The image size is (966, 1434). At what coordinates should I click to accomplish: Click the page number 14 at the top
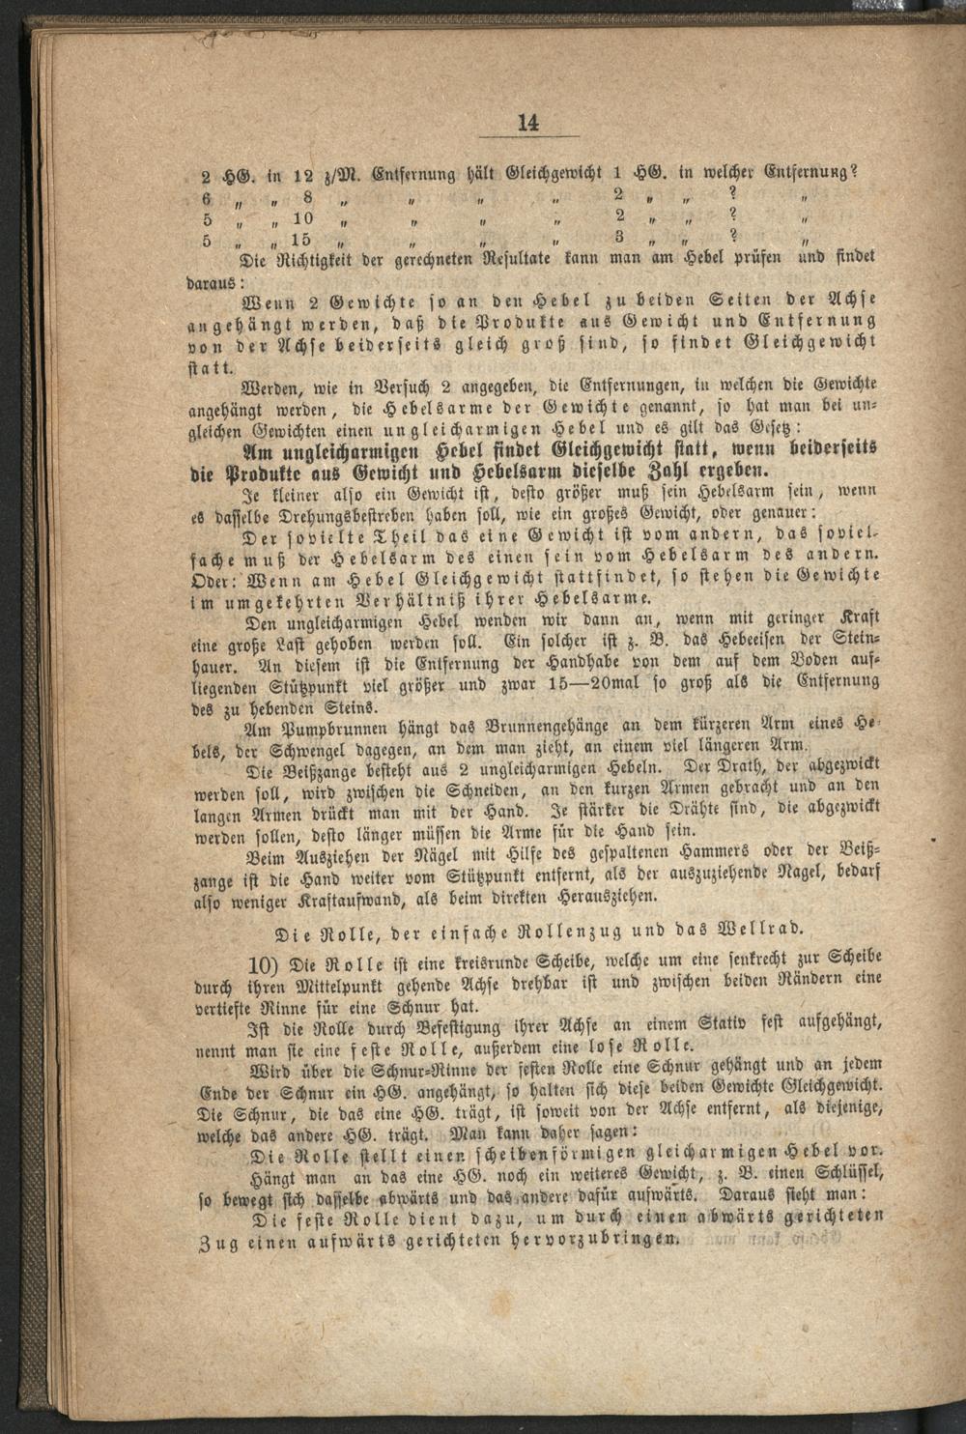click(527, 123)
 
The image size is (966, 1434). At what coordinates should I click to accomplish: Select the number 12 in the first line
click(302, 176)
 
